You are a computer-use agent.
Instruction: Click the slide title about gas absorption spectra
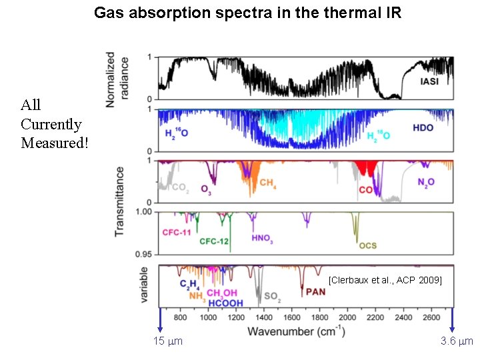tap(247, 13)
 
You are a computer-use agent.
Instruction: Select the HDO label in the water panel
tap(423, 127)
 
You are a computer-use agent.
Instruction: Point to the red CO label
tap(365, 190)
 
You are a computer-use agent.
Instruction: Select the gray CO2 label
tap(179, 189)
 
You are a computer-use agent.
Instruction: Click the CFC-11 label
tap(177, 233)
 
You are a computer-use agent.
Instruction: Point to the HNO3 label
tap(262, 238)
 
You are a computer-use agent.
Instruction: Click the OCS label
tap(368, 245)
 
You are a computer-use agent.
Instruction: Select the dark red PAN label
tap(316, 291)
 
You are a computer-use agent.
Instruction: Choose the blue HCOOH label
tap(225, 303)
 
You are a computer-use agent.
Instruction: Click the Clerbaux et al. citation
tap(385, 281)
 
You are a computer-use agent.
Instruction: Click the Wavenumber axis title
tap(297, 331)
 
